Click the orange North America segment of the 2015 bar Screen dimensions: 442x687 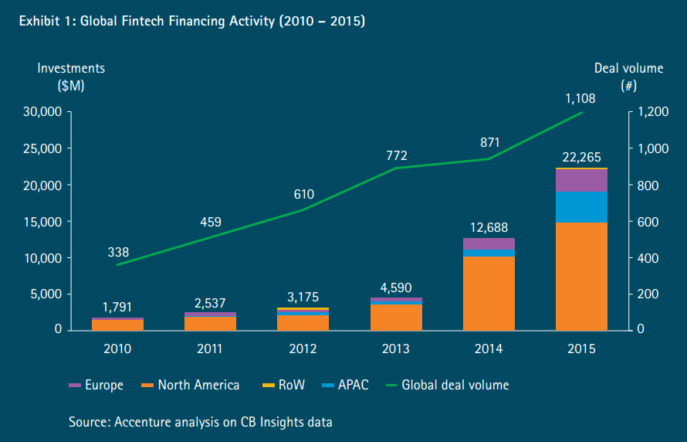click(581, 276)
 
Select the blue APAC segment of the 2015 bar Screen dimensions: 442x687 click(581, 206)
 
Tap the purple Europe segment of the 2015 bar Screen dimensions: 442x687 click(581, 180)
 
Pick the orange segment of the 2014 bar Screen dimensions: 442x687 click(489, 293)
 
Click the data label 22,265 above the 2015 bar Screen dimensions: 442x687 click(581, 157)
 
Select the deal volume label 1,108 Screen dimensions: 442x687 click(581, 98)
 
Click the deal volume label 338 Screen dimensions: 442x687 click(118, 252)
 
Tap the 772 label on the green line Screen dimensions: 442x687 click(396, 156)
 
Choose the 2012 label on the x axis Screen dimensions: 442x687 click(303, 348)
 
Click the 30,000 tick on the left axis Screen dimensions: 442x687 click(42, 112)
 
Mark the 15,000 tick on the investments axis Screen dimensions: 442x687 click(42, 222)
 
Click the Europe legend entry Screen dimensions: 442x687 click(96, 385)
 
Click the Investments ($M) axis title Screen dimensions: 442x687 click(71, 76)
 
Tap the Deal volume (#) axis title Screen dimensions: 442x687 click(628, 76)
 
